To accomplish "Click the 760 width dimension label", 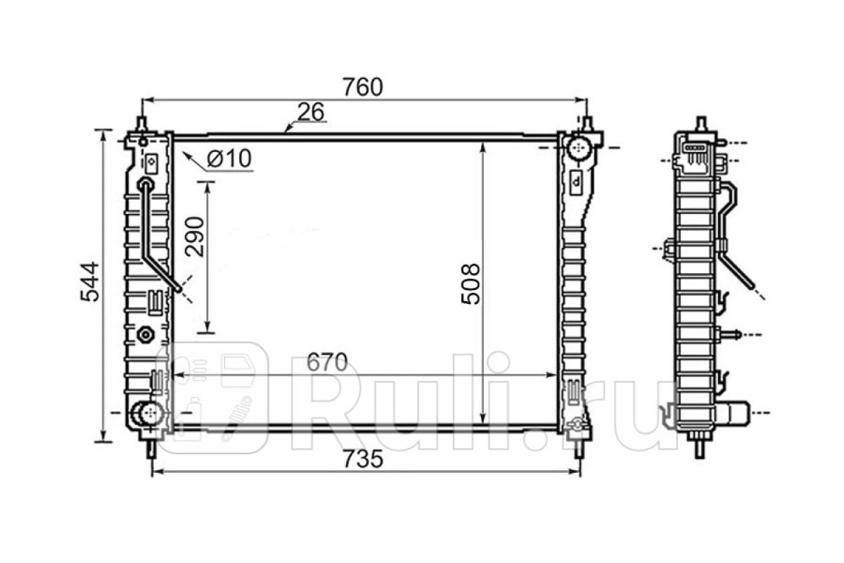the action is point(362,87).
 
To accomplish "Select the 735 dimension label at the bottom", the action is point(362,459).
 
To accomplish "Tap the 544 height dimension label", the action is point(90,281).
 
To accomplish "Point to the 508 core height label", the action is point(471,284).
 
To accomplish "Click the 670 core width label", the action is point(326,362).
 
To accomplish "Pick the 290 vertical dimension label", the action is point(194,237).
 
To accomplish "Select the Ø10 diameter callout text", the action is point(229,158).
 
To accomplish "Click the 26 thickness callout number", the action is point(311,112).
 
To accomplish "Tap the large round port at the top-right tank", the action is point(579,149).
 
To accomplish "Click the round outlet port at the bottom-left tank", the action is point(148,413).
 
